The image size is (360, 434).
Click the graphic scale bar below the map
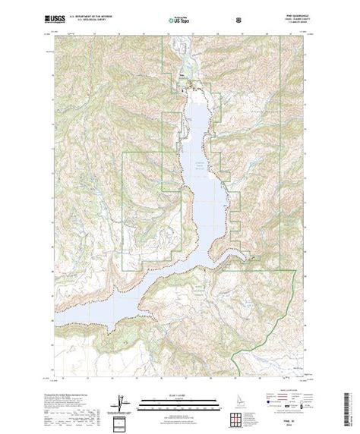180,388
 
